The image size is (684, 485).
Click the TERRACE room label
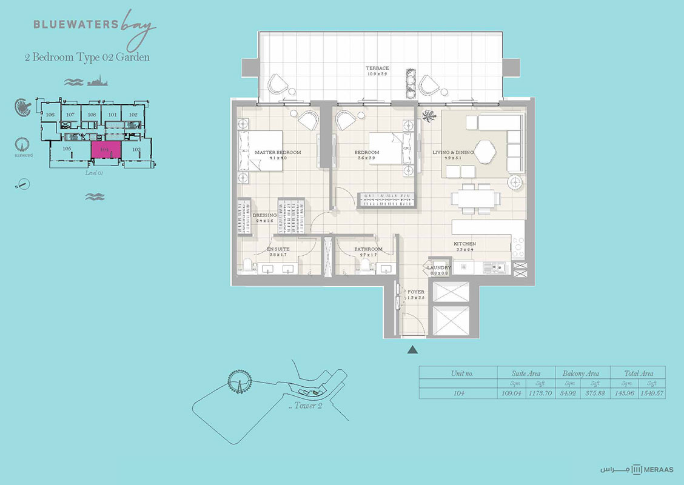pos(377,69)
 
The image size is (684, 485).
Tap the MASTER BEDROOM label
pos(278,152)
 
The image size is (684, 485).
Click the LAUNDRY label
pos(439,267)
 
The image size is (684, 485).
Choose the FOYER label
pos(415,292)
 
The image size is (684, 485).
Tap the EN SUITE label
pos(278,249)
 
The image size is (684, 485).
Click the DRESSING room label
pos(264,215)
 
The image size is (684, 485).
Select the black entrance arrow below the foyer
pos(413,349)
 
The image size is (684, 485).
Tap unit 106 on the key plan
pos(50,115)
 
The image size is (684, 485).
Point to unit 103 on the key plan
pos(136,149)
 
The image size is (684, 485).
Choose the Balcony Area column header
pos(581,373)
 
